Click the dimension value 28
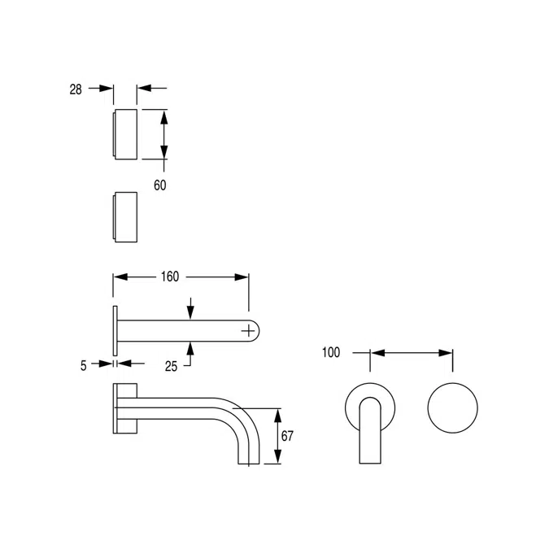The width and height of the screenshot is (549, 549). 76,89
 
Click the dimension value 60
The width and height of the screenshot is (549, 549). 160,185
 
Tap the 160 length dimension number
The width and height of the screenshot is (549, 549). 168,277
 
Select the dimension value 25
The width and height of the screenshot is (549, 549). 171,367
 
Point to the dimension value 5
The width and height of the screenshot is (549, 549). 83,366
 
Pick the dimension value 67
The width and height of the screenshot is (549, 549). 287,435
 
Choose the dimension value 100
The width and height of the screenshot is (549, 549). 331,353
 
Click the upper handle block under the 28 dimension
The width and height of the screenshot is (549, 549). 124,133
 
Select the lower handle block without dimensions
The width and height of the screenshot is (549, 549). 124,216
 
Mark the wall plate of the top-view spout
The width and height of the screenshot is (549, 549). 115,330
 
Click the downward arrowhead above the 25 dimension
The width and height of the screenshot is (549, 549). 190,313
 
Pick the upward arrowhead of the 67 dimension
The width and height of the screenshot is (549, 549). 277,413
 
